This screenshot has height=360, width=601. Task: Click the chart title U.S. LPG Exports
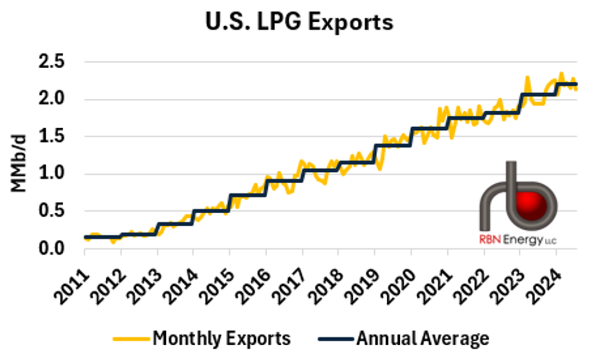[x=299, y=22]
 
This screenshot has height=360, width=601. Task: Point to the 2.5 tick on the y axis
[x=52, y=62]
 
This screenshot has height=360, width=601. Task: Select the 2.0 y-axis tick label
[x=52, y=100]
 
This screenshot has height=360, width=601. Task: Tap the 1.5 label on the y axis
[x=52, y=137]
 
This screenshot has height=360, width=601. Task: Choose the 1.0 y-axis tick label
[x=52, y=175]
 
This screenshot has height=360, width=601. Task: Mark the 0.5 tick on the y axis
[x=52, y=212]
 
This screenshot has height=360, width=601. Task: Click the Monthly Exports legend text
[x=221, y=339]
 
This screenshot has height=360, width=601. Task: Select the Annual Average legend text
[x=423, y=339]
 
